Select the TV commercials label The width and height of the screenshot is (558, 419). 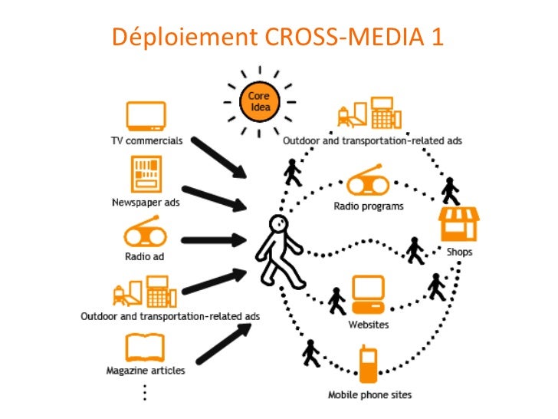(x=146, y=141)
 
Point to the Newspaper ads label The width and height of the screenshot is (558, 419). (x=146, y=203)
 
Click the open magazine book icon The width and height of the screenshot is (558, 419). (x=146, y=348)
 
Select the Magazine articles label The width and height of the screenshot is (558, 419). (x=146, y=371)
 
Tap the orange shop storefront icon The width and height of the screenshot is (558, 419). (x=458, y=223)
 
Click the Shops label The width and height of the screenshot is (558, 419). (x=459, y=252)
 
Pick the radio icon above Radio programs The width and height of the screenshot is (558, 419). (x=369, y=183)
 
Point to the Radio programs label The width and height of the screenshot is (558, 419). (x=369, y=206)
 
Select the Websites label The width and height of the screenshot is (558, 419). (x=369, y=325)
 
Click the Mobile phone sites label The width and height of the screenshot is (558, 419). (x=370, y=395)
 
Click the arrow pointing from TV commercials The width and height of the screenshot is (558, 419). (x=218, y=158)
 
